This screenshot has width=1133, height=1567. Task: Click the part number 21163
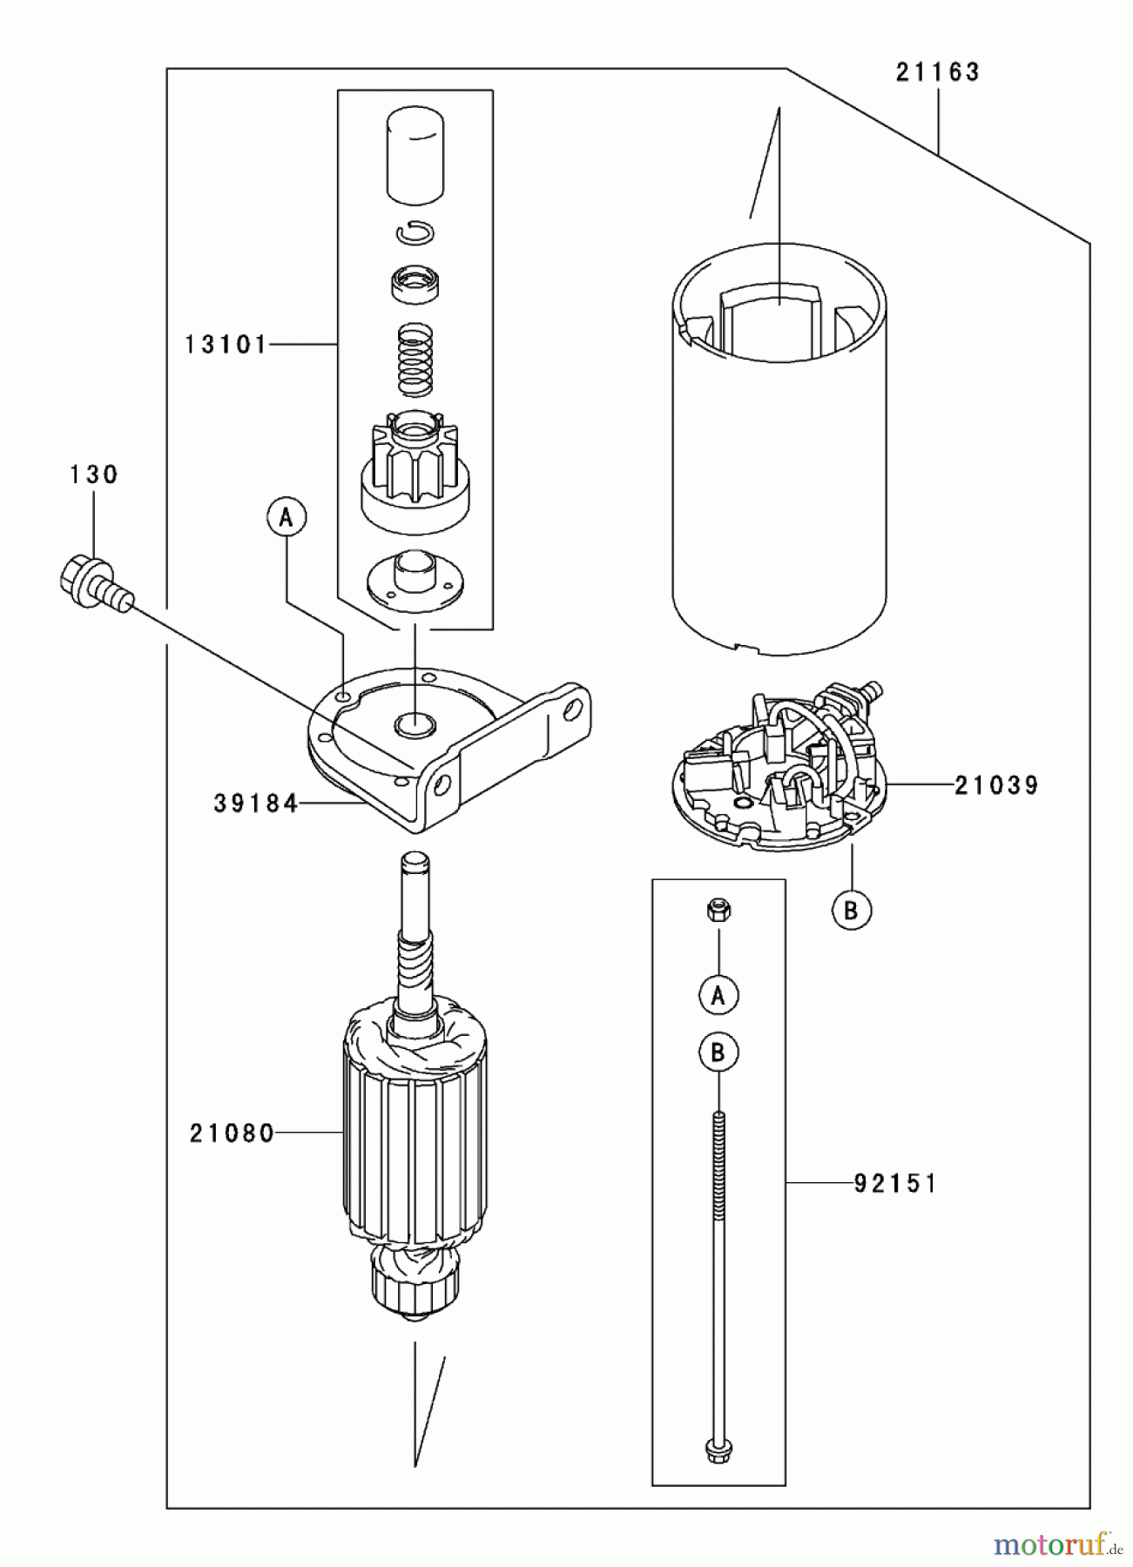click(x=938, y=72)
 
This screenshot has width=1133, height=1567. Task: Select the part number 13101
click(x=226, y=346)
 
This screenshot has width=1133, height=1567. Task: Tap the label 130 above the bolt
click(x=93, y=475)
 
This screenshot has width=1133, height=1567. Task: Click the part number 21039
click(x=996, y=786)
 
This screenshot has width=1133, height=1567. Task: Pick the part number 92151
click(x=895, y=1184)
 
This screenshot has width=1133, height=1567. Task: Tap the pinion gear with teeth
click(x=415, y=474)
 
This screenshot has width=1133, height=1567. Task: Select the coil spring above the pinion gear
click(x=415, y=359)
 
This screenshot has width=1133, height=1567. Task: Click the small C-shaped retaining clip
click(x=415, y=232)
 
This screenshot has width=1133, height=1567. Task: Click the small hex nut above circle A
click(x=718, y=911)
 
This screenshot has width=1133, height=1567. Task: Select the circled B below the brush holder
click(x=851, y=911)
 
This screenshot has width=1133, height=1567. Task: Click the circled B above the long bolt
click(x=718, y=1053)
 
